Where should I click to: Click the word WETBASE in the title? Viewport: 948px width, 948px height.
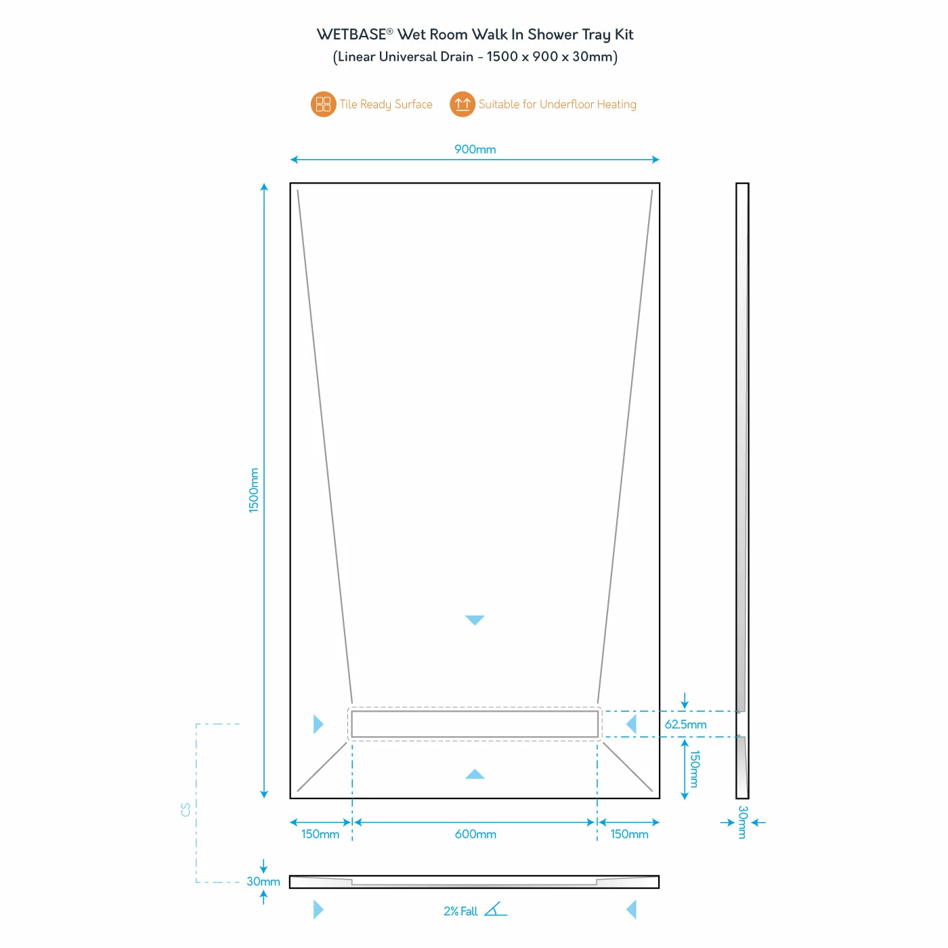click(351, 35)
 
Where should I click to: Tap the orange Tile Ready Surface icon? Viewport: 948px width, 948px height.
click(323, 104)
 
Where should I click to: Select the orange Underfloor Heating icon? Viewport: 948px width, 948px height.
click(462, 104)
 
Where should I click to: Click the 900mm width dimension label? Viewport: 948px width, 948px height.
click(474, 149)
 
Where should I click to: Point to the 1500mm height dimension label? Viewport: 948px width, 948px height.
click(253, 490)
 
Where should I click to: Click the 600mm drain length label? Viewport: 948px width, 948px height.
click(475, 834)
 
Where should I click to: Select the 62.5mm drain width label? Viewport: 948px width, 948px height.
click(685, 724)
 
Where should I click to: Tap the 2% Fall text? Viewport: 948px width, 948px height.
click(460, 911)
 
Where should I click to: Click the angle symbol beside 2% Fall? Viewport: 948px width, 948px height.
click(495, 909)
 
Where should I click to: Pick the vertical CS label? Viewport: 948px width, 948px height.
click(186, 809)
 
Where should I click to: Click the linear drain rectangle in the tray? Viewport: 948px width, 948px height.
click(474, 724)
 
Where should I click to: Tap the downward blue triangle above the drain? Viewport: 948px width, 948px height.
click(474, 620)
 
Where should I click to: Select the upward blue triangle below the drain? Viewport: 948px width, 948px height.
click(474, 774)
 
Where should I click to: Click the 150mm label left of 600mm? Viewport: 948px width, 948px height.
click(320, 834)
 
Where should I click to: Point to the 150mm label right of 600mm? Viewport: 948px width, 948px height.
click(628, 834)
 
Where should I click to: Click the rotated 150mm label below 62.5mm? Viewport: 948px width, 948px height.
click(693, 769)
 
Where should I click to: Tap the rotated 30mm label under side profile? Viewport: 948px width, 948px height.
click(742, 822)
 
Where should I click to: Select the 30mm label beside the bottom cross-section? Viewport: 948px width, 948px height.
click(263, 881)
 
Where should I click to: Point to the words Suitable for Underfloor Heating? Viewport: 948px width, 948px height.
click(557, 104)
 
